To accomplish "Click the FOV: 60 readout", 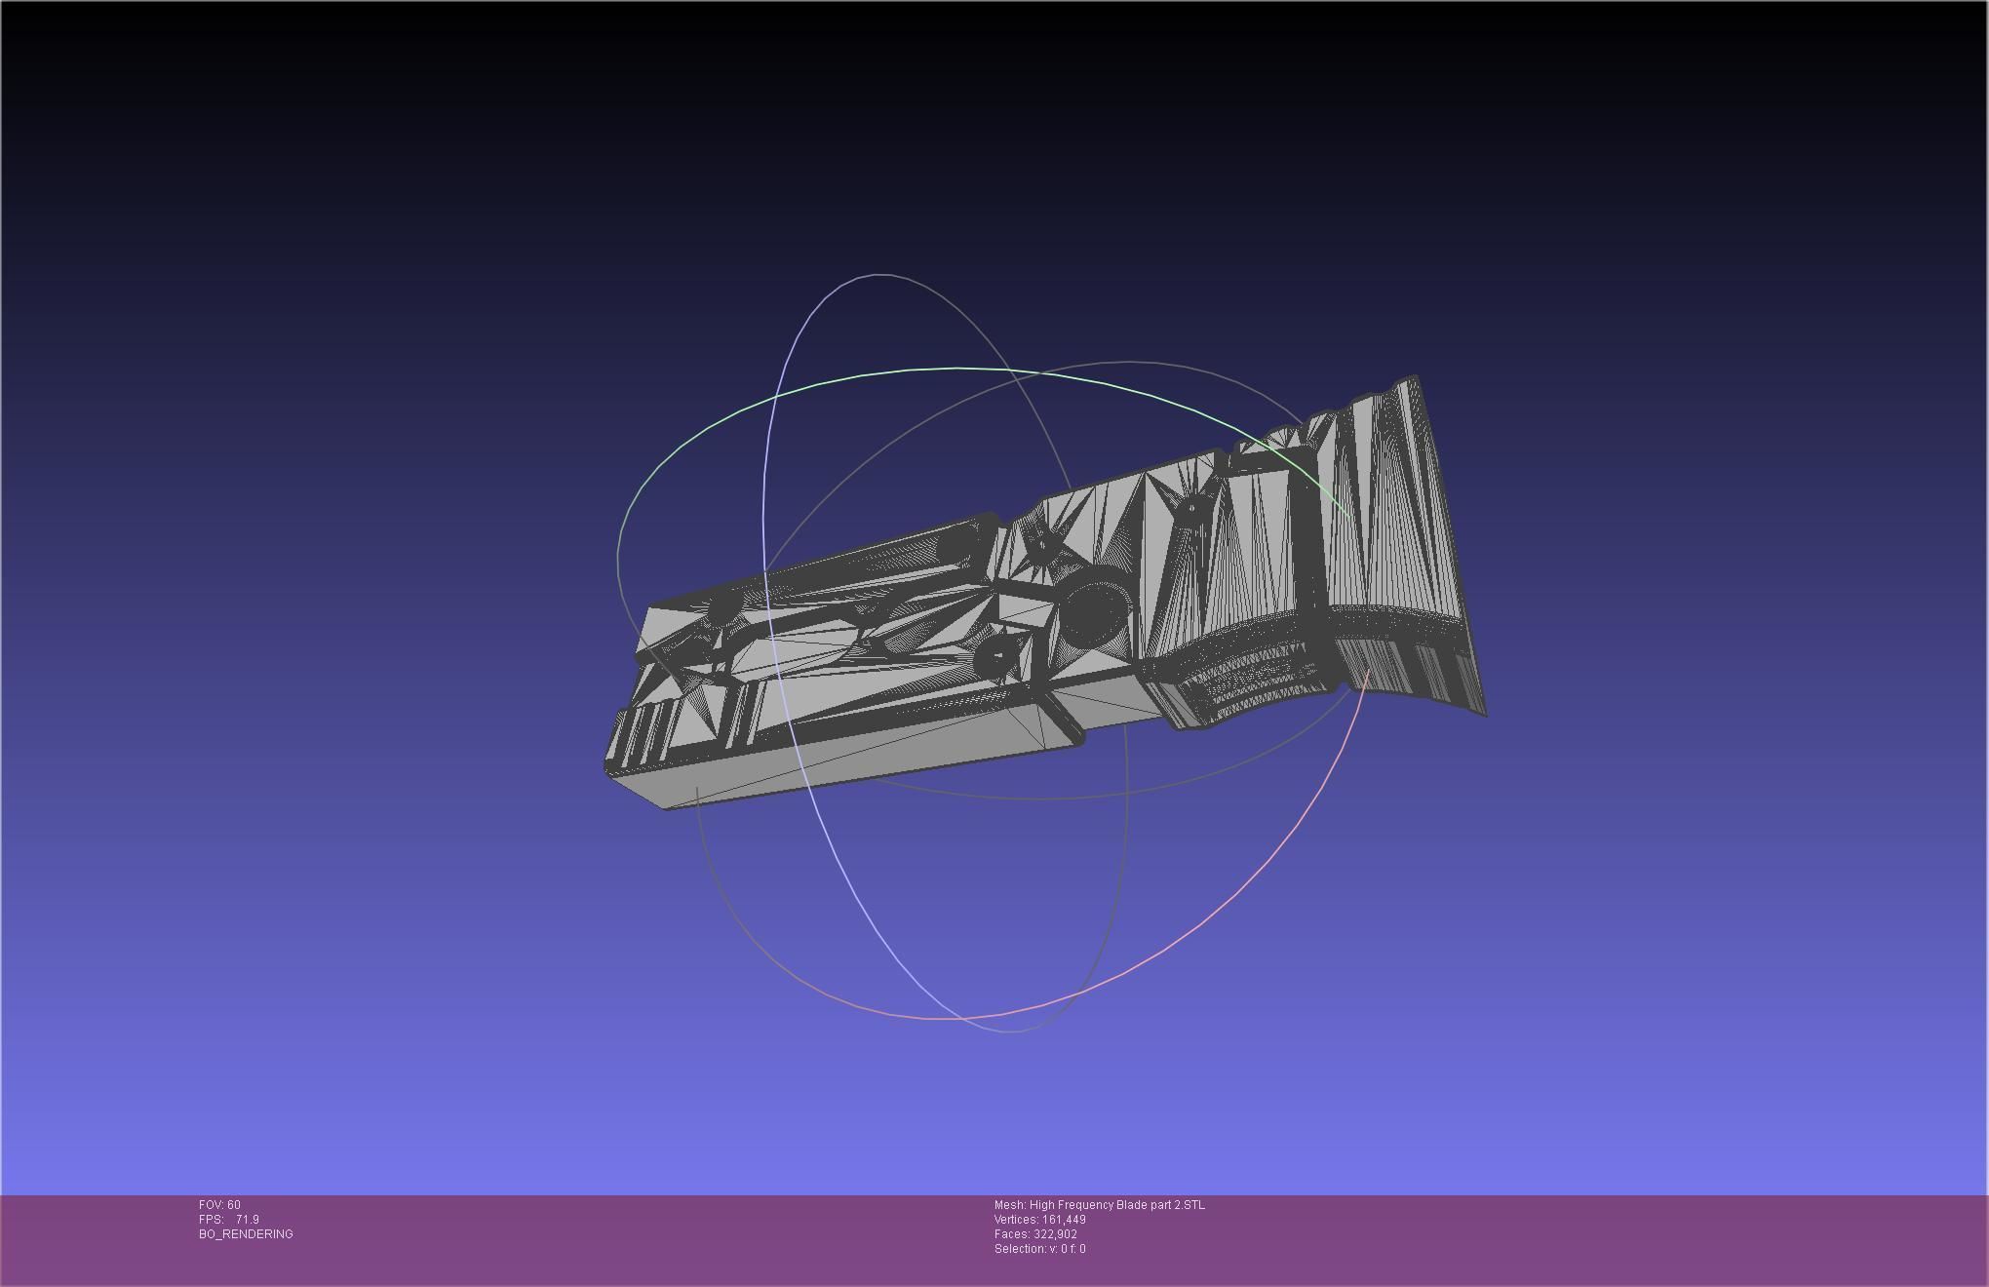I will [x=219, y=1205].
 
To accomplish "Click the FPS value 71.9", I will [x=247, y=1220].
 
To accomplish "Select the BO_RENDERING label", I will [x=246, y=1234].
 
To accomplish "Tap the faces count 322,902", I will [x=1055, y=1234].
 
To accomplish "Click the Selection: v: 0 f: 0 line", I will [x=1039, y=1249].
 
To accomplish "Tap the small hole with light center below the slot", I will [x=997, y=656].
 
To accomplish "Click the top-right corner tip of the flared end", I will [x=1415, y=377].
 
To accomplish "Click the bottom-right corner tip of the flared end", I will [x=1484, y=714].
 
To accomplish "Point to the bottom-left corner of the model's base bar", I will [x=667, y=807].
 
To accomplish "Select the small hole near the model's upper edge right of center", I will [x=1191, y=507].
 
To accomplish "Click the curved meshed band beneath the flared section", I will [x=1248, y=673].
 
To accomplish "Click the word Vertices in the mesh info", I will [x=1014, y=1220].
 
